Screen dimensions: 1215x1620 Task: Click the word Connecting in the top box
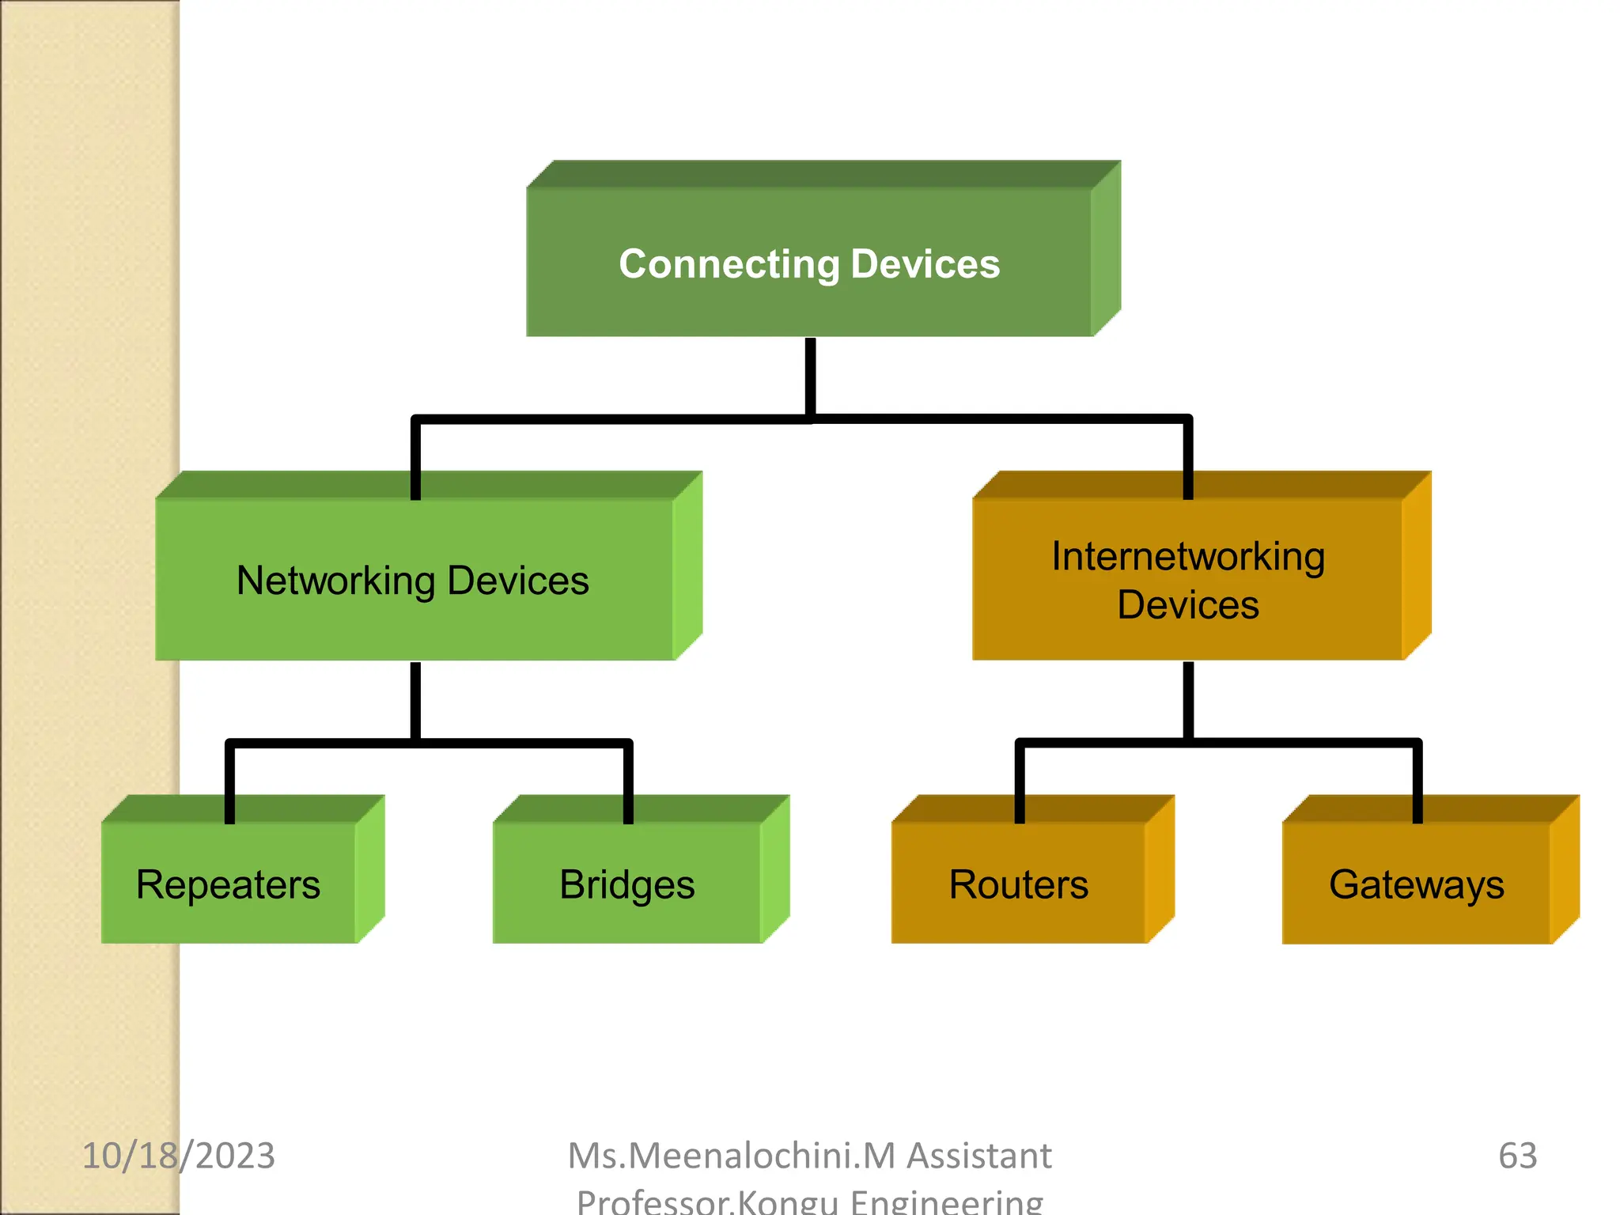click(728, 264)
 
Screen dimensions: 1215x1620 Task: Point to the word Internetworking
click(1188, 556)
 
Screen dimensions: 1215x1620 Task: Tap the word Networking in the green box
click(335, 581)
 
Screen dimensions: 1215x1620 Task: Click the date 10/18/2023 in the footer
click(179, 1156)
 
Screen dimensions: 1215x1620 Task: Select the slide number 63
click(1517, 1156)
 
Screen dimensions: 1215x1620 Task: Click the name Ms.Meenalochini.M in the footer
click(732, 1156)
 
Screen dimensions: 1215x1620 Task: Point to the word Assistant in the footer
click(979, 1156)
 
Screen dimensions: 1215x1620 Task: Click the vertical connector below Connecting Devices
click(810, 376)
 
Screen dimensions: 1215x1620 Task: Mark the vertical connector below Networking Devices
click(415, 700)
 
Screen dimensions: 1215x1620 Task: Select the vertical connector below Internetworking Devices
click(1188, 700)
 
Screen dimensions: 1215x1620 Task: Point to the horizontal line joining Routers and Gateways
click(1305, 743)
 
